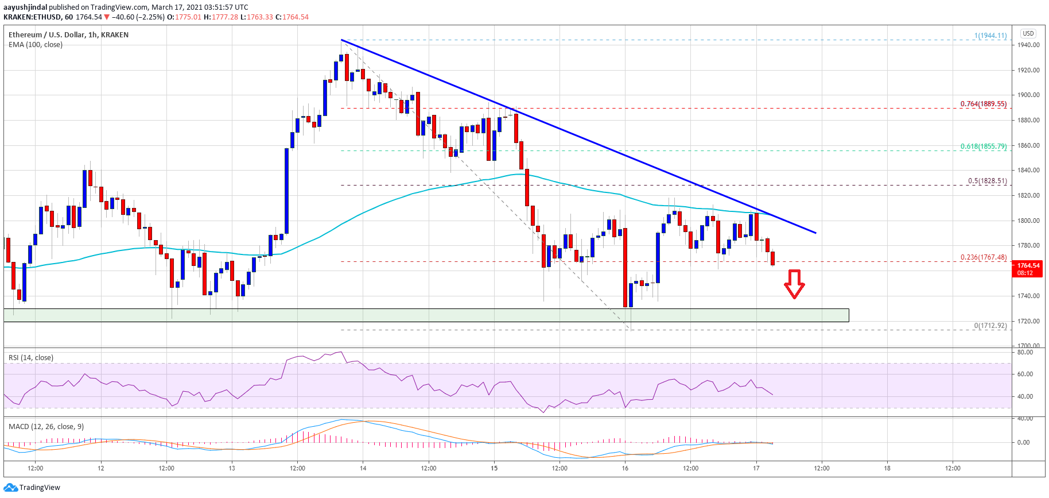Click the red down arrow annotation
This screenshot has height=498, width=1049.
(x=794, y=284)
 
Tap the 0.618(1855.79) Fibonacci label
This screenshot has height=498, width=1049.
(x=983, y=146)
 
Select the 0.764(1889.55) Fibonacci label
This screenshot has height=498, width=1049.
(x=983, y=104)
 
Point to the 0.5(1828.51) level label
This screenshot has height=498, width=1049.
(x=987, y=181)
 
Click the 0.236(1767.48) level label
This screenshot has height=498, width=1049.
(x=983, y=257)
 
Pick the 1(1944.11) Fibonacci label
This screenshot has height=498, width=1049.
(x=990, y=36)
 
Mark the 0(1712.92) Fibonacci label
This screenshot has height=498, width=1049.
(x=990, y=326)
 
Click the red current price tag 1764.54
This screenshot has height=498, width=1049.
(x=1028, y=269)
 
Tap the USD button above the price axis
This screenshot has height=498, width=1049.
(x=1028, y=33)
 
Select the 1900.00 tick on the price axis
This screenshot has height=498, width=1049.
(x=1028, y=95)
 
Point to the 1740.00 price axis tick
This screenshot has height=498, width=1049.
(x=1028, y=296)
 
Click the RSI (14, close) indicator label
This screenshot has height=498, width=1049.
(x=31, y=358)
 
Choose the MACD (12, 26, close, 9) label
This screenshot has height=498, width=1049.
(x=46, y=427)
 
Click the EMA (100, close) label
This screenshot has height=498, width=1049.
(x=36, y=45)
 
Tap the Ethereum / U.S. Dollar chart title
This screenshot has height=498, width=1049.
(x=68, y=35)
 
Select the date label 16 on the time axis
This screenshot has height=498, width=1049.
(x=625, y=468)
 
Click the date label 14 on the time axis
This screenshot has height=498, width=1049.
(x=363, y=468)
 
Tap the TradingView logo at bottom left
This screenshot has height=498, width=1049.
(x=32, y=488)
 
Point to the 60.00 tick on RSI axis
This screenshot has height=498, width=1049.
(x=1025, y=374)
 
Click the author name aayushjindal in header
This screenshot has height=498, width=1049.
(x=25, y=7)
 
